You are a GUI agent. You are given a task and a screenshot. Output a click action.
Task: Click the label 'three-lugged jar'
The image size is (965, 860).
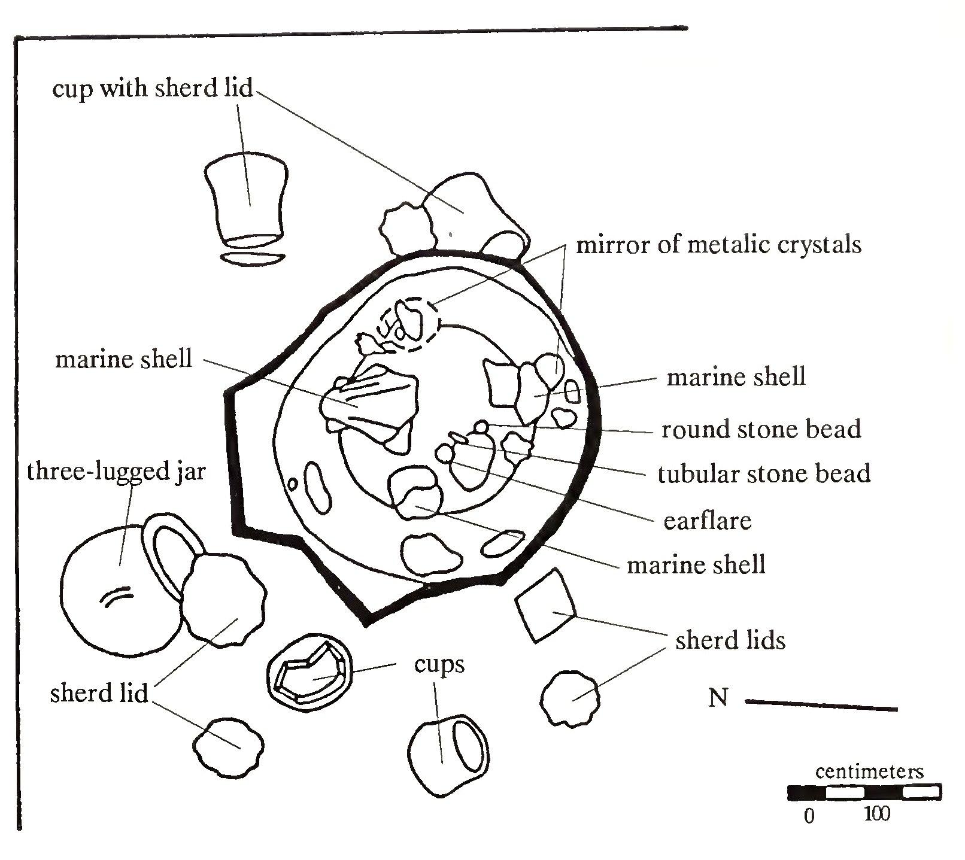[x=116, y=472]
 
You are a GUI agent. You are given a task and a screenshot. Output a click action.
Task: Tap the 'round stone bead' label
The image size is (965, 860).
[x=761, y=429]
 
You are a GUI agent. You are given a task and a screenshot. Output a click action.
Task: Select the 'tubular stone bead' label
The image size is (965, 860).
[x=764, y=473]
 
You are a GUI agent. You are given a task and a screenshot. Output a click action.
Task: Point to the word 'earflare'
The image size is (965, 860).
[x=707, y=520]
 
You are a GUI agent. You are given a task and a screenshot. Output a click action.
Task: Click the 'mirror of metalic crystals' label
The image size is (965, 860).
[x=718, y=244]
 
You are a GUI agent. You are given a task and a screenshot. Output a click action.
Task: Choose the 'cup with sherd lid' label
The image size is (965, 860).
[x=153, y=88]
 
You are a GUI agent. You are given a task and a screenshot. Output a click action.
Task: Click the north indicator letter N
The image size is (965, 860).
[x=718, y=697]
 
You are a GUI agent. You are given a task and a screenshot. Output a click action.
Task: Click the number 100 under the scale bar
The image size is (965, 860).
[x=877, y=814]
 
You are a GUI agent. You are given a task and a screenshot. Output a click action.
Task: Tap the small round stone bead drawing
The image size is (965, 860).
[x=481, y=426]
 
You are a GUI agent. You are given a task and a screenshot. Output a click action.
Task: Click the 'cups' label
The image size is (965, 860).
[x=439, y=664]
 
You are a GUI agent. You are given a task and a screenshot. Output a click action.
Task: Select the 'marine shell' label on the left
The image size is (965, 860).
[x=123, y=359]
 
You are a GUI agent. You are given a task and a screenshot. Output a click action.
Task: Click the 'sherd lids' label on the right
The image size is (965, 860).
[x=730, y=640]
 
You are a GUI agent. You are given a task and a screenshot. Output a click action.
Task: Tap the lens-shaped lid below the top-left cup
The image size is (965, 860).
[x=251, y=259]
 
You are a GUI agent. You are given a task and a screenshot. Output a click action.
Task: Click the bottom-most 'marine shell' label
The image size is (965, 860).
[x=696, y=564]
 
